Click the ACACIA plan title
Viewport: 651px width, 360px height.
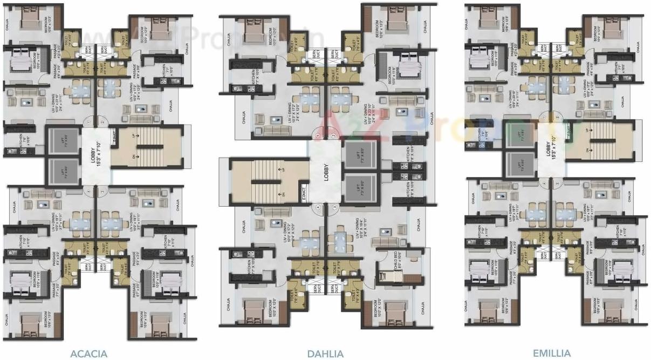point(88,354)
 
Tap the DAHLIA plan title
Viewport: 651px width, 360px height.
point(325,354)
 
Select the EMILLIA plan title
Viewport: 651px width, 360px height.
point(551,354)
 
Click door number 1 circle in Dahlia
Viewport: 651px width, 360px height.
point(319,135)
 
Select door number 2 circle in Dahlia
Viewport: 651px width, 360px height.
point(334,135)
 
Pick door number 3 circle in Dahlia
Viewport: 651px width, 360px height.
point(334,207)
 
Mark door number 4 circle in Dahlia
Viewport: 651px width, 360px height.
point(319,207)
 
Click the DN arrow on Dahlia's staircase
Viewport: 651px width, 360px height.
point(280,193)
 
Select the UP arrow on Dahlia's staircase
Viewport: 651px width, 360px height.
point(280,168)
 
